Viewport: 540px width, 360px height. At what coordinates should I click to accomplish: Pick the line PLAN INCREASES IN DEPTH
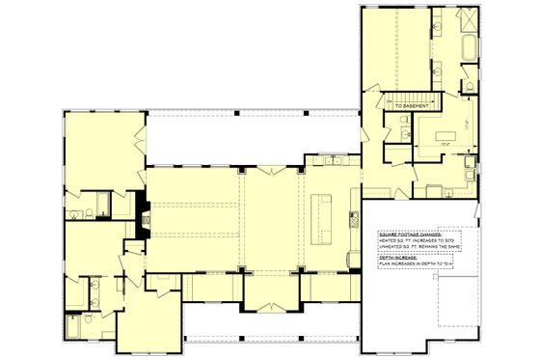tap(417, 263)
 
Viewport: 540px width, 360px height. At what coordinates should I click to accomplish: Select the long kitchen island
tap(323, 216)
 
